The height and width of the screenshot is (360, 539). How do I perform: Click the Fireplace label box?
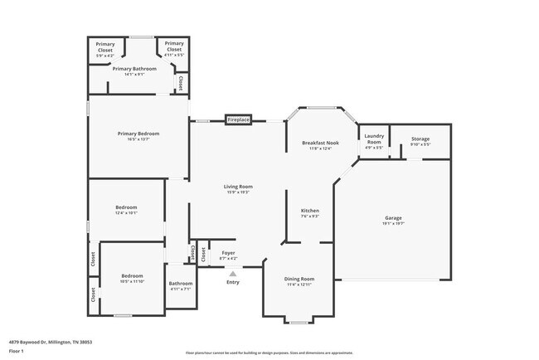[x=238, y=120]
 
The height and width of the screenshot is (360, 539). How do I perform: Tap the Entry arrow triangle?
[x=233, y=273]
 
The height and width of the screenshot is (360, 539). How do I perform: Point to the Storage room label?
[x=420, y=139]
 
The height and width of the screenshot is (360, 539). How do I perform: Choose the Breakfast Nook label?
[x=320, y=143]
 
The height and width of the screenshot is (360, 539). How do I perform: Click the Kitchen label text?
[x=309, y=211]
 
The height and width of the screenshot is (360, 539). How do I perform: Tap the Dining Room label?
[x=300, y=279]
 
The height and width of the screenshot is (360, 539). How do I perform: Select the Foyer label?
[x=228, y=252]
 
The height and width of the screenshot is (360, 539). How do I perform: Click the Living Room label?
[x=237, y=187]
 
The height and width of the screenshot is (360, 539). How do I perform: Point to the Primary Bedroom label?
[x=138, y=134]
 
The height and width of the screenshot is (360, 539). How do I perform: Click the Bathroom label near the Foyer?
[x=181, y=284]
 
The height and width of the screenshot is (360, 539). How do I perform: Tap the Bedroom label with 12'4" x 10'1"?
[x=126, y=207]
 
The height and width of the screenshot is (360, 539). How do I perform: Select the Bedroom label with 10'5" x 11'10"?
[x=133, y=275]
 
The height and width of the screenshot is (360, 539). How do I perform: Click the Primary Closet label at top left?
[x=105, y=46]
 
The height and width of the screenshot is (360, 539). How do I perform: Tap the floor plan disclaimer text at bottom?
[x=269, y=353]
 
